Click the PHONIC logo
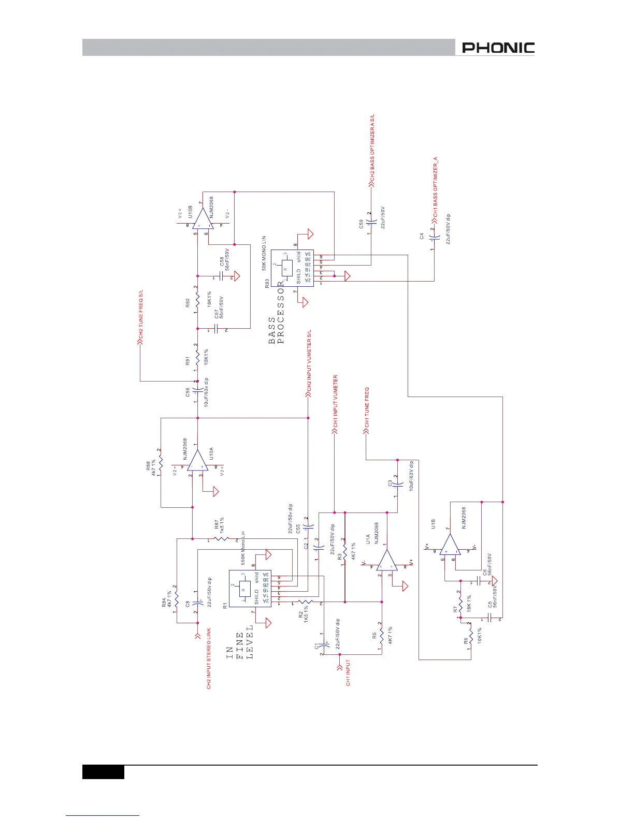click(x=498, y=48)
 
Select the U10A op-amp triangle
click(x=198, y=460)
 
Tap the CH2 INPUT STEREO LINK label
click(x=209, y=658)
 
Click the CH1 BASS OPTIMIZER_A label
click(x=436, y=186)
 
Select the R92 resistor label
click(x=188, y=303)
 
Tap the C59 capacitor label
click(x=361, y=224)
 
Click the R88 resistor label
click(x=148, y=464)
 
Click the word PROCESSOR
click(x=281, y=313)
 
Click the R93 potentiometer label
click(x=267, y=283)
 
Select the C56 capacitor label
click(x=188, y=393)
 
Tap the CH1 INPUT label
click(x=348, y=672)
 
